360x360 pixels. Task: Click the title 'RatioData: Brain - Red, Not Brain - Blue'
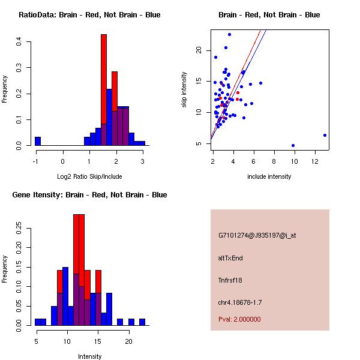89,14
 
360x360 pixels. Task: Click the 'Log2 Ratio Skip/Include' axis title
89,176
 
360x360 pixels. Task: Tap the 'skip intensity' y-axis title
184,90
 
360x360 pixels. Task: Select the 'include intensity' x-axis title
269,176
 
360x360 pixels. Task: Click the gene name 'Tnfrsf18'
231,280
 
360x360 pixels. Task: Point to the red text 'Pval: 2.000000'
239,319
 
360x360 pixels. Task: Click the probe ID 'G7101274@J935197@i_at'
257,235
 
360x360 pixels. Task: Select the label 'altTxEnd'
230,258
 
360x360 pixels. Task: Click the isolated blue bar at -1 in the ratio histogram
38,142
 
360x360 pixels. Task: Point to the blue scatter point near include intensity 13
325,136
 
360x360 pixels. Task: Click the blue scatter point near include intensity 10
293,145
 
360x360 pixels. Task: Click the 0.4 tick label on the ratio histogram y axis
19,42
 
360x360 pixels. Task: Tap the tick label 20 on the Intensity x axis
128,341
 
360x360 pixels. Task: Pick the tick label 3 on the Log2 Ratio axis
142,161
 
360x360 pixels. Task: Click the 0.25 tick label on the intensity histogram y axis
19,228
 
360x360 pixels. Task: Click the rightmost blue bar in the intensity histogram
142,322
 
